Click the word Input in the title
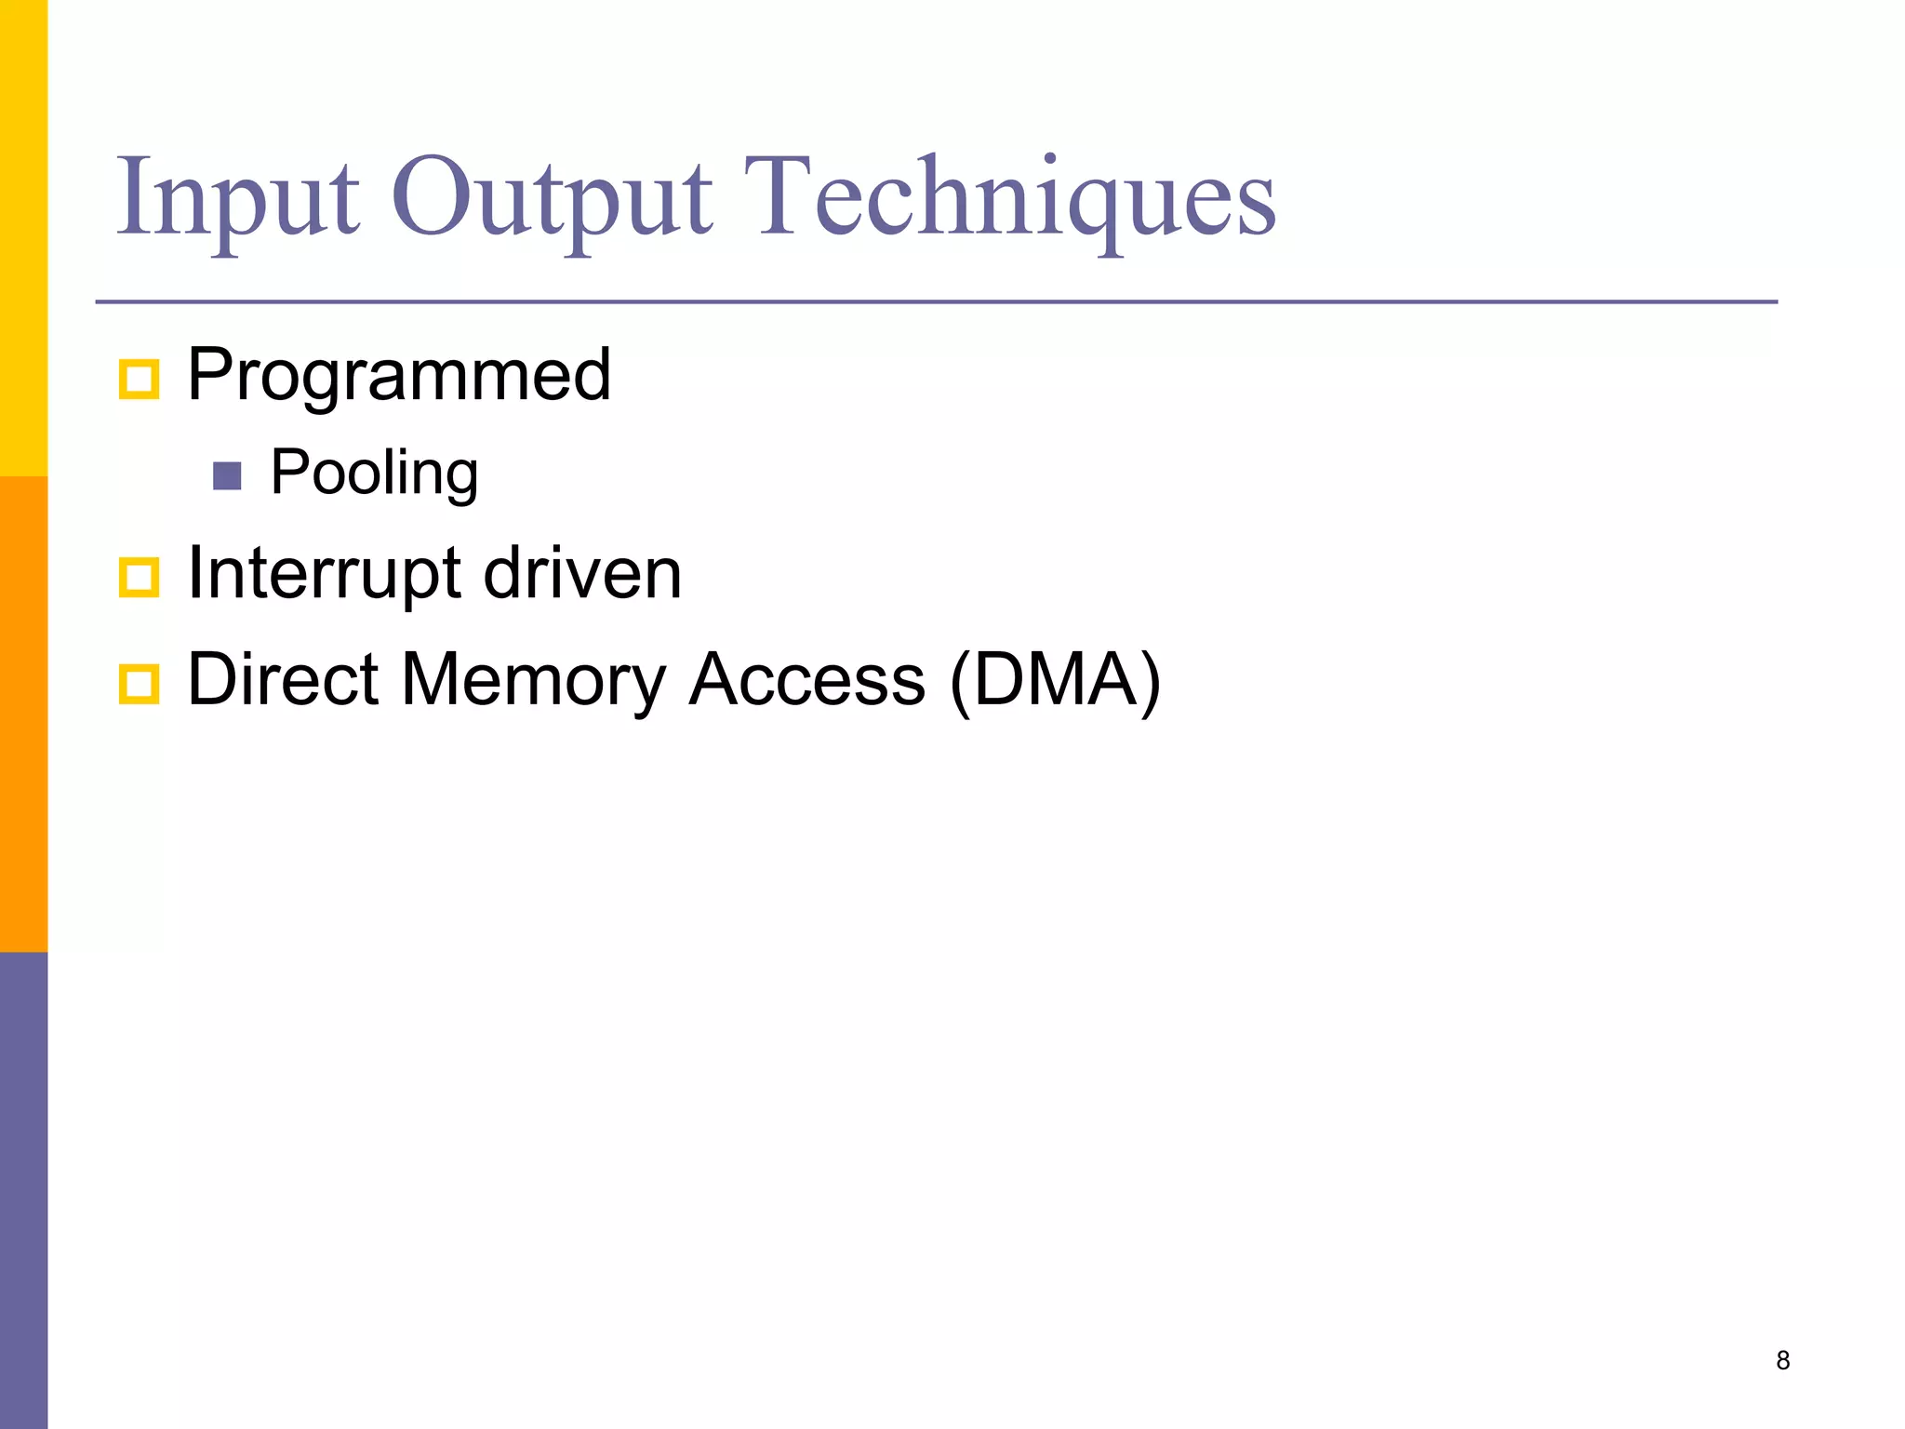point(237,197)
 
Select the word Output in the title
point(552,197)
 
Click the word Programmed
point(399,375)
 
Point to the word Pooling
point(374,473)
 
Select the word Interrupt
point(324,573)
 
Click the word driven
point(582,573)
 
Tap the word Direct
point(283,679)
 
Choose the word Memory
point(533,679)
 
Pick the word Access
point(806,679)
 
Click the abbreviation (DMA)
point(1055,679)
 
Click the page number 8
point(1782,1360)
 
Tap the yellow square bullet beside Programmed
point(140,380)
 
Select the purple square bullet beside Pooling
point(227,476)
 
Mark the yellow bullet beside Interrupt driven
point(140,578)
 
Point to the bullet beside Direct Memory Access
point(140,685)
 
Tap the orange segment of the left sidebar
point(23,714)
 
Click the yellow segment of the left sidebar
point(23,237)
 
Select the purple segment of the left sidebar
point(23,1191)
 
